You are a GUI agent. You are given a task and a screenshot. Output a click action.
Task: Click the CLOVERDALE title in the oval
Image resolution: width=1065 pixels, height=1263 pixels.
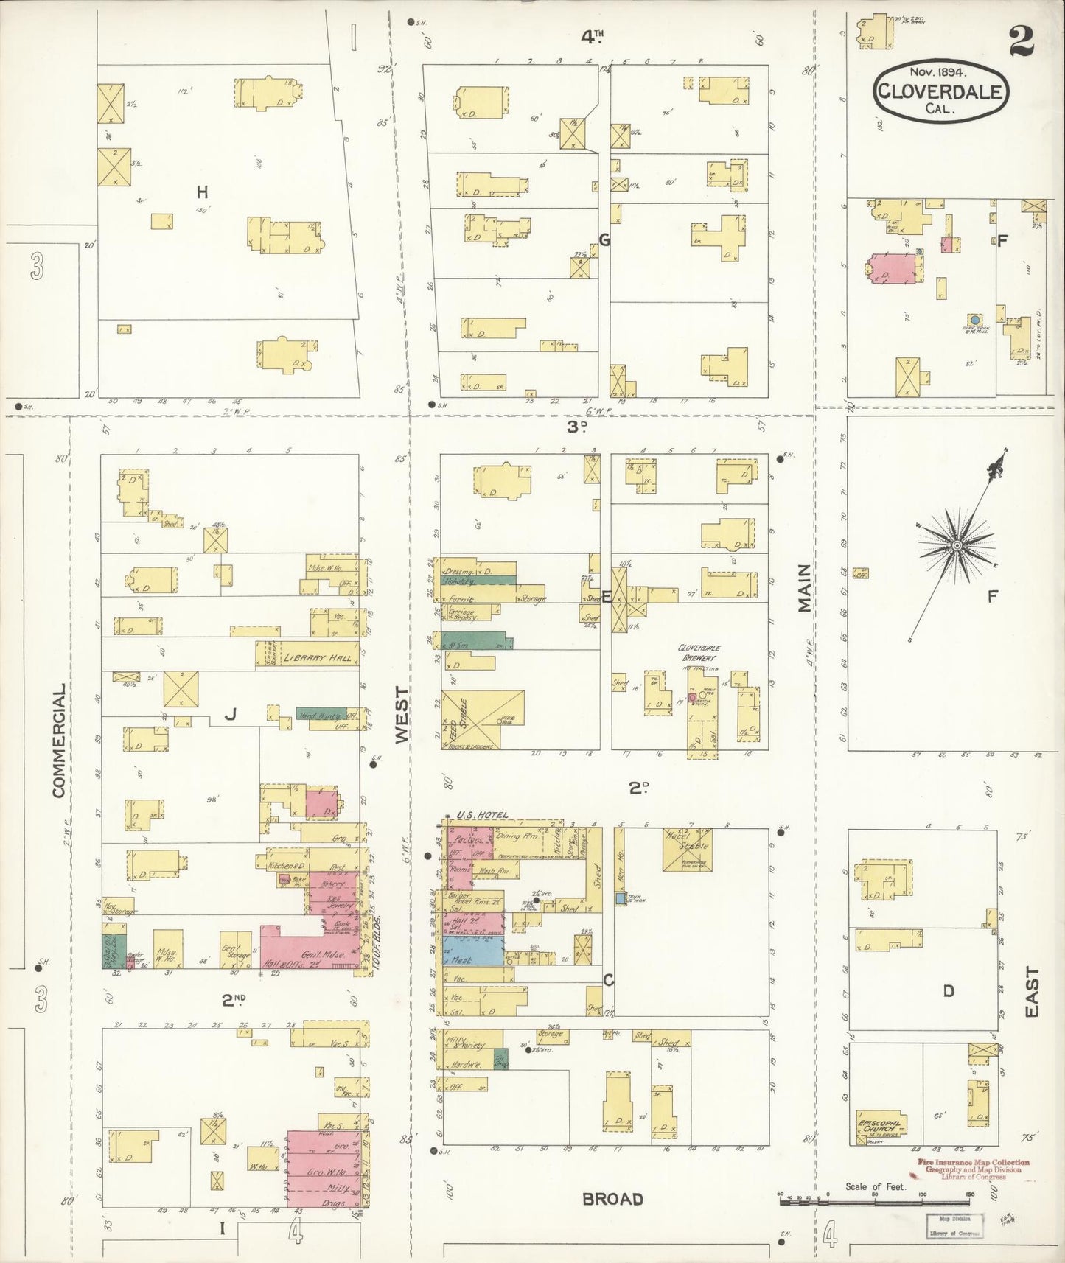941,91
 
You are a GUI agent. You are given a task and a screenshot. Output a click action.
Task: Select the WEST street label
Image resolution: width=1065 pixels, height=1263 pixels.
401,714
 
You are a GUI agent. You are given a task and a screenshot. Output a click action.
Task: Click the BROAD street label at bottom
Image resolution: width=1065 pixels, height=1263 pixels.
612,1200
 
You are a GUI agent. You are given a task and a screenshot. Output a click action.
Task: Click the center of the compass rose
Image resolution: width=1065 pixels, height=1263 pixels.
956,545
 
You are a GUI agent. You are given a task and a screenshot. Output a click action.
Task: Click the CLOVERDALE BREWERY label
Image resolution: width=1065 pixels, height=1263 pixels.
700,651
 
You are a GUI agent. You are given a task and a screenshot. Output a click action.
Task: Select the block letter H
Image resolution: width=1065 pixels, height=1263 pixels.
202,192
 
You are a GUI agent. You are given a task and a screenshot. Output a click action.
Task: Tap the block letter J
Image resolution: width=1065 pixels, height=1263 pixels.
230,713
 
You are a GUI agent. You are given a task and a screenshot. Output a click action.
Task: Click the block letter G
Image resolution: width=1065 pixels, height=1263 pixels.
604,239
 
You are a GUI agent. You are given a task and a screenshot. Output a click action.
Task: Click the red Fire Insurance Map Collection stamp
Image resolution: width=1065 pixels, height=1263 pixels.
973,1169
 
